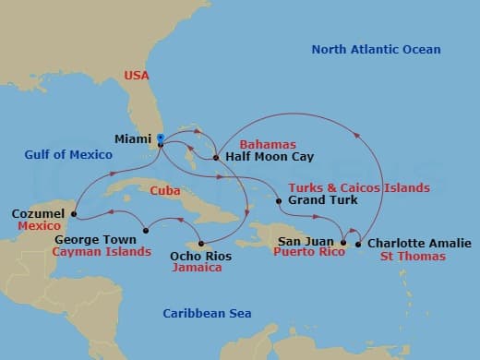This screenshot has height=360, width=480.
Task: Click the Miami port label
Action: pos(133,139)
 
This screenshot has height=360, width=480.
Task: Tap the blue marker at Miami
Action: pos(161,138)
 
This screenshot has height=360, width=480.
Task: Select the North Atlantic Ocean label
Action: pos(376,49)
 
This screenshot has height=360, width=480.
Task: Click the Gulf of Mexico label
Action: pos(70,154)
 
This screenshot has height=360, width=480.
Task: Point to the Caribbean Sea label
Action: pos(207,314)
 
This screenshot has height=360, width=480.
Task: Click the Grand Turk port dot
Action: pos(279,199)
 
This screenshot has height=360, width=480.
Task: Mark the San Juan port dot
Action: pos(342,244)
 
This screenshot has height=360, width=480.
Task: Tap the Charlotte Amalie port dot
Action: pos(358,245)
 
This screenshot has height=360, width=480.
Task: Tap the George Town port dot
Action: pos(146,230)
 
